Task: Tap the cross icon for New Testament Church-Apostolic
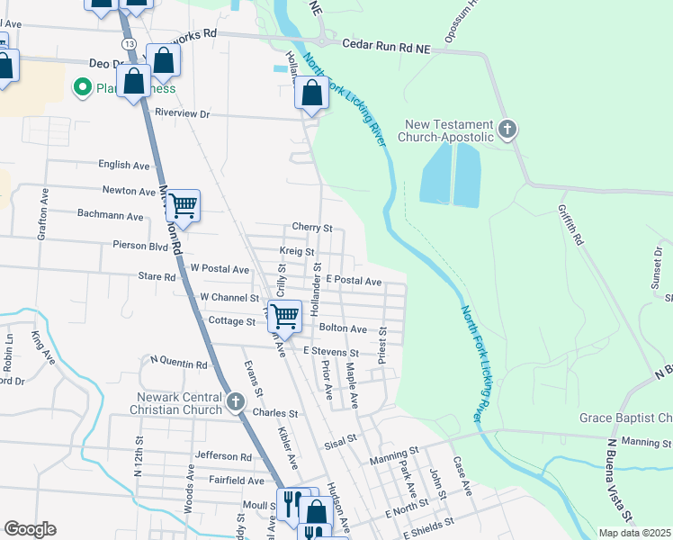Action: pos(507,130)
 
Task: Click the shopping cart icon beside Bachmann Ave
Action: pos(183,206)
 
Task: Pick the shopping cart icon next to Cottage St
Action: pos(284,316)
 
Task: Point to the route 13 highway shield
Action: pos(131,44)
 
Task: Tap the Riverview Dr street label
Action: pos(182,114)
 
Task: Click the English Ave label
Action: pos(124,166)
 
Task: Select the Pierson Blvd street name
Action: pos(140,245)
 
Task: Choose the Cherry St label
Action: pos(312,228)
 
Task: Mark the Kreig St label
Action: pos(296,253)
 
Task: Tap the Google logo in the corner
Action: pos(30,529)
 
